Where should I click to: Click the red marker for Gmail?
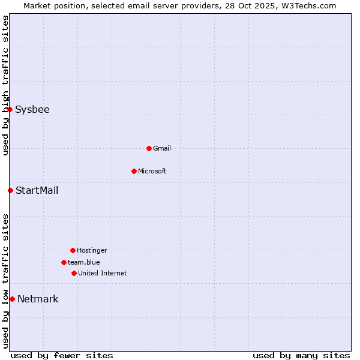click(149, 148)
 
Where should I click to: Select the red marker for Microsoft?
click(134, 171)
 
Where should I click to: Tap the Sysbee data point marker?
click(10, 109)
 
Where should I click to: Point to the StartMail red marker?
click(10, 190)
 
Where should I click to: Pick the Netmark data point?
click(12, 299)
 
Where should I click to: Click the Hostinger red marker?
click(73, 250)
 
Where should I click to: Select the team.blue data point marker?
click(64, 262)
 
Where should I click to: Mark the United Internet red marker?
click(74, 273)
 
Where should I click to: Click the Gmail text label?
click(162, 148)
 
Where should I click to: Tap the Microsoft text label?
click(152, 171)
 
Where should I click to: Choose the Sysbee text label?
click(32, 109)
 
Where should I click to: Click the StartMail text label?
click(37, 190)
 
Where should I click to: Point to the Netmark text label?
click(38, 299)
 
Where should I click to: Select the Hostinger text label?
click(92, 250)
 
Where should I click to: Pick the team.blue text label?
click(84, 262)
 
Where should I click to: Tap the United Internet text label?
click(103, 273)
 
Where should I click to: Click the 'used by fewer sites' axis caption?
click(62, 355)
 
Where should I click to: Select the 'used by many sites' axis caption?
click(301, 355)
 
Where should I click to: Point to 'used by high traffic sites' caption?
click(5, 85)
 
